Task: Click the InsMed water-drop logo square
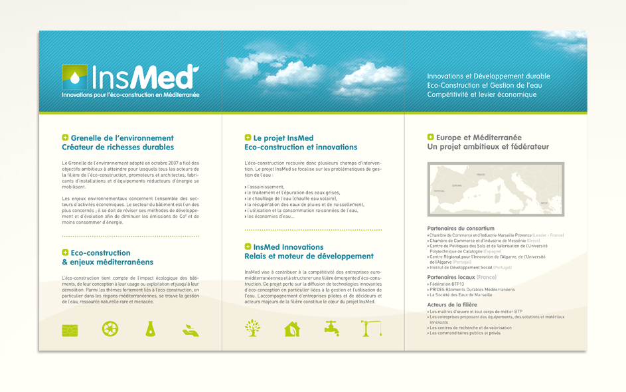[x=74, y=77]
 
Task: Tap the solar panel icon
[x=70, y=330]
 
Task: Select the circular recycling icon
[x=110, y=328]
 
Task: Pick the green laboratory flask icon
[x=151, y=328]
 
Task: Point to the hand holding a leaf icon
[x=191, y=330]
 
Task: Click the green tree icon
[x=252, y=328]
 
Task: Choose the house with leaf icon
[x=292, y=328]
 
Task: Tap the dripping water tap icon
[x=332, y=328]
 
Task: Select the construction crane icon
[x=371, y=328]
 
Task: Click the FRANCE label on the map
[x=481, y=175]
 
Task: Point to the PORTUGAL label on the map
[x=439, y=191]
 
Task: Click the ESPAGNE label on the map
[x=456, y=185]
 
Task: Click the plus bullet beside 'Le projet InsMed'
[x=248, y=138]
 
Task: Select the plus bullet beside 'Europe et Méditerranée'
[x=431, y=138]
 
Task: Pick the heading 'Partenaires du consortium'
[x=461, y=229]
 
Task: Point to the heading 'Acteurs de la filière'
[x=452, y=304]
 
